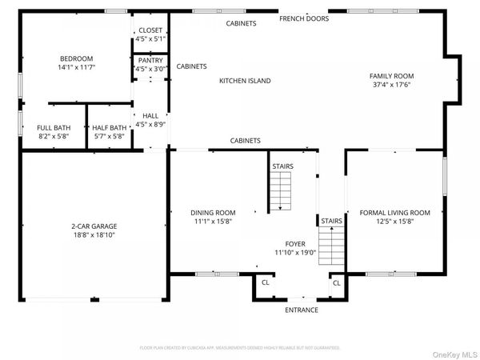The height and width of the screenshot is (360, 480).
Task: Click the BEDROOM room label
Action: [77, 58]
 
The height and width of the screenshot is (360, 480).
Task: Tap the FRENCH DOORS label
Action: [304, 18]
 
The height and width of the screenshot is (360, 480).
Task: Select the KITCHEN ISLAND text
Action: [245, 81]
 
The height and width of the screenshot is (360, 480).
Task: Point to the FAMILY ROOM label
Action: [391, 76]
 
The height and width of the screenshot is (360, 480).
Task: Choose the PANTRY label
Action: [150, 60]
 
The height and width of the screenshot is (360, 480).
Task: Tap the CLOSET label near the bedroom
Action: [150, 30]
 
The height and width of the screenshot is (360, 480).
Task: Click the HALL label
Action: [150, 115]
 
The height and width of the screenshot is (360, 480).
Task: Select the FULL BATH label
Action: [54, 128]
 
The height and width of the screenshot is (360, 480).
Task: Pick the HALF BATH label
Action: [110, 128]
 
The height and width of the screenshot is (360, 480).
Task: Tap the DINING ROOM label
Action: [213, 213]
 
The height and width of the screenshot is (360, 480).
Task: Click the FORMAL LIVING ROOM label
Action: [394, 213]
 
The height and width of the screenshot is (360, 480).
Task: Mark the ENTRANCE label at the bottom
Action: [302, 310]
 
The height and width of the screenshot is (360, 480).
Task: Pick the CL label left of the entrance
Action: [266, 282]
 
